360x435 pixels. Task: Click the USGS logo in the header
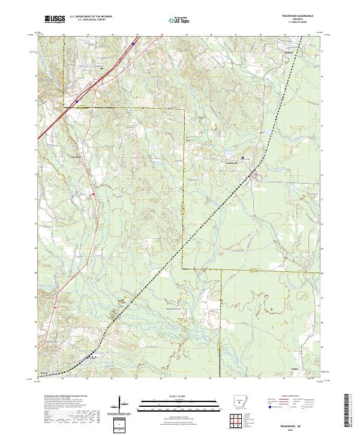[54, 20]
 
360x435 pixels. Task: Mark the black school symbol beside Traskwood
[242, 158]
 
